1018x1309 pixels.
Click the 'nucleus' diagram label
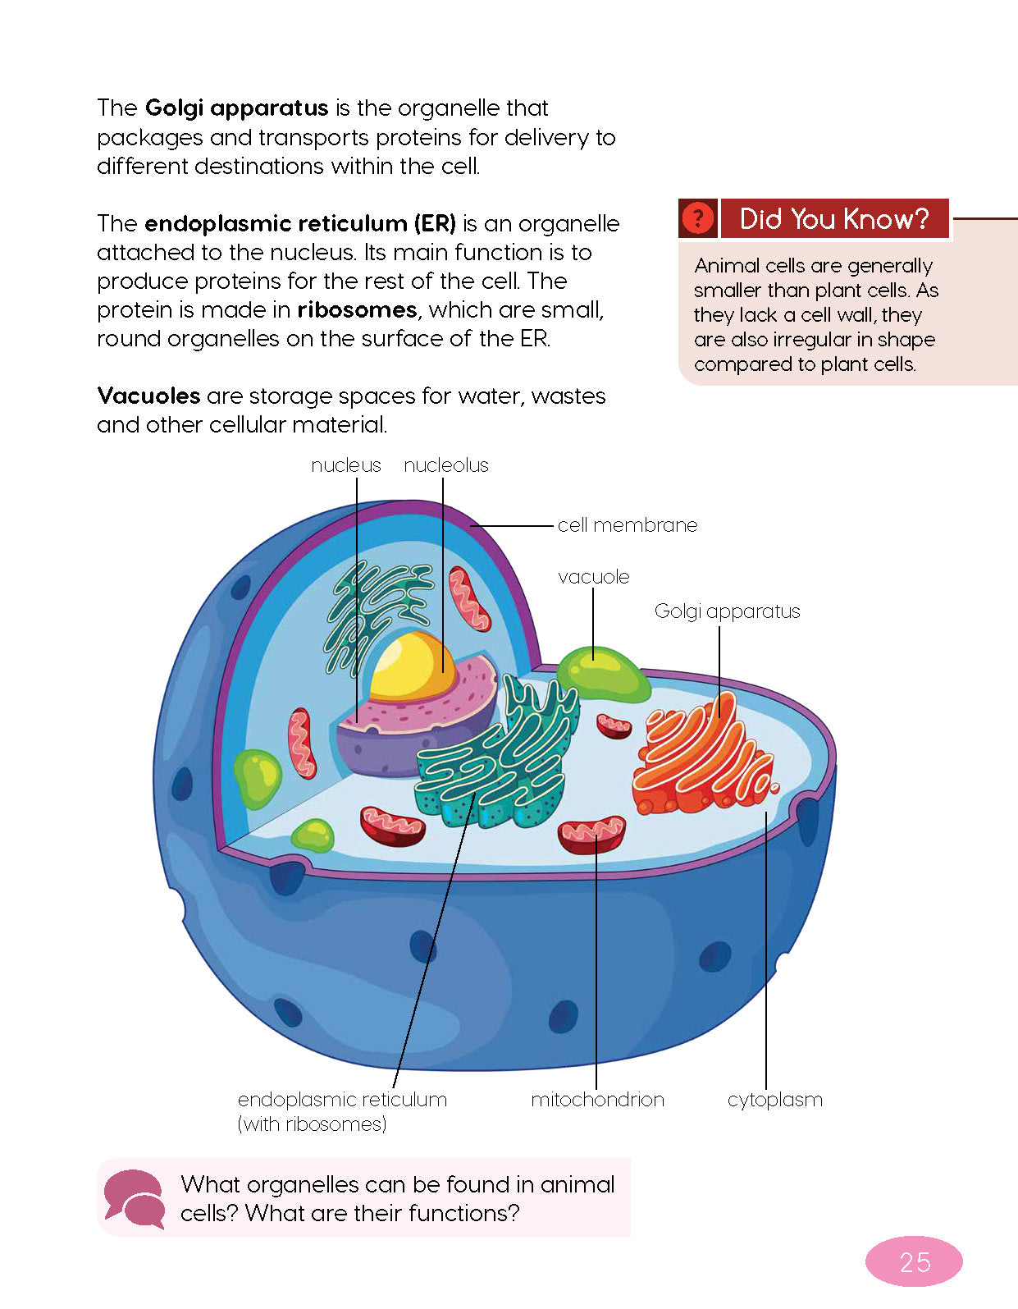point(346,465)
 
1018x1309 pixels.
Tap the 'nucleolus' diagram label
point(445,465)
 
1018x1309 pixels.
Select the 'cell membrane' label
point(628,525)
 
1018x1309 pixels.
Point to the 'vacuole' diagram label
point(593,577)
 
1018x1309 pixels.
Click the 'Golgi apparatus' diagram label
point(727,611)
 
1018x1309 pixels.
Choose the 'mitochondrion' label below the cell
point(597,1100)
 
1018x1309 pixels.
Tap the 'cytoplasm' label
point(774,1100)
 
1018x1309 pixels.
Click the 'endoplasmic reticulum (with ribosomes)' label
point(342,1111)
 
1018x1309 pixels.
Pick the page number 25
point(914,1261)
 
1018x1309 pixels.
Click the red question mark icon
point(697,219)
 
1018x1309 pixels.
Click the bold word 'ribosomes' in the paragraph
point(357,310)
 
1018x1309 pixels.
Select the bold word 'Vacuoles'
point(148,396)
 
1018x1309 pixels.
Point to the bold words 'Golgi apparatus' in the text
point(236,108)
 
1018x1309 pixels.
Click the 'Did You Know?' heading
point(834,219)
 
